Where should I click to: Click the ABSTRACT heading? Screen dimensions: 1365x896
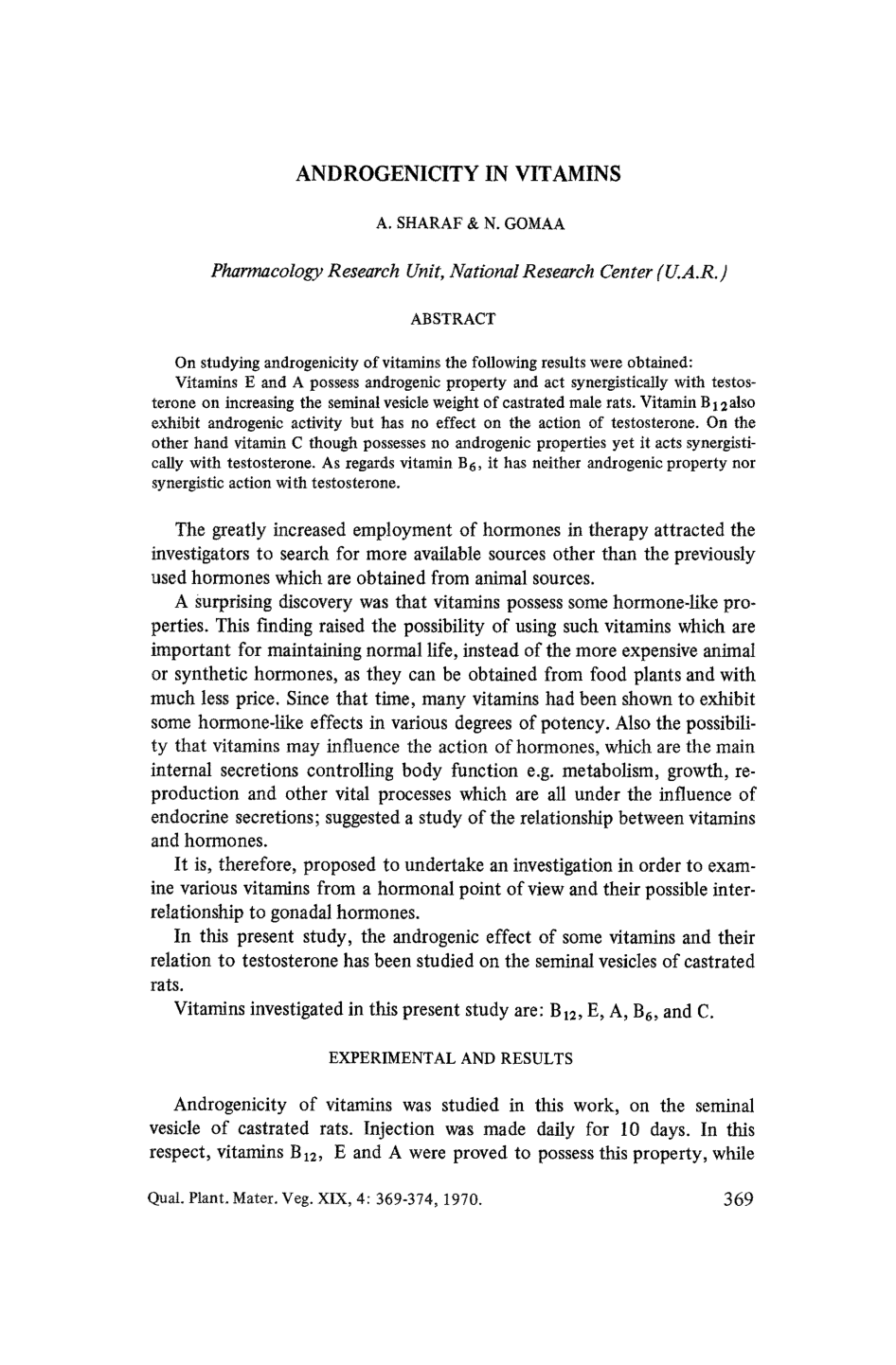click(453, 319)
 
